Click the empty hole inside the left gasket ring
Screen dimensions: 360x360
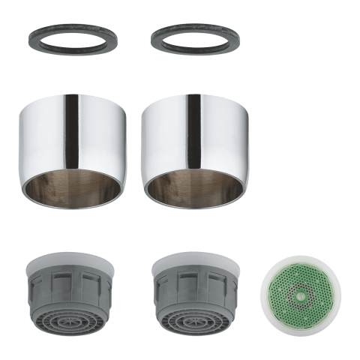71,37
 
